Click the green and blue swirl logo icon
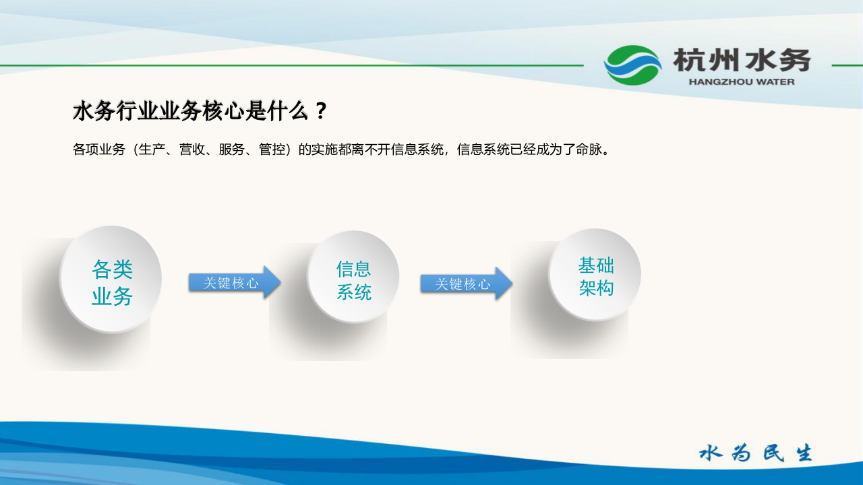(632, 65)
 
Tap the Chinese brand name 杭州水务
(742, 61)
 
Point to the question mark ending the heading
(321, 111)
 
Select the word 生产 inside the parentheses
(152, 150)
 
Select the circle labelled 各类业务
(111, 279)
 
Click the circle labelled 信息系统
(353, 277)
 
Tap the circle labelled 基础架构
(595, 274)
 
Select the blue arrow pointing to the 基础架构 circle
(466, 283)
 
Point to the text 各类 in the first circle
(112, 269)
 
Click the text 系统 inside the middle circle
(354, 292)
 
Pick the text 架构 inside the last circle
(596, 288)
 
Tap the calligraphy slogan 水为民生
(756, 453)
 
